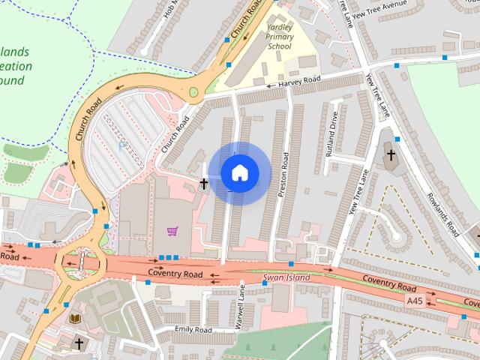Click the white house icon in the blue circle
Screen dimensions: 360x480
coord(238,172)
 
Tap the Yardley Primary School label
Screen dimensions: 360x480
coord(280,37)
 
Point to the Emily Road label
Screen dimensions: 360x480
coord(193,329)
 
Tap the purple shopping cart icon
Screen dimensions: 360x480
coord(172,231)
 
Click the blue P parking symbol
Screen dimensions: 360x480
coord(121,146)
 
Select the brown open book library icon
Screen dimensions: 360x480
coord(75,319)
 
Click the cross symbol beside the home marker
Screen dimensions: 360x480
coord(203,182)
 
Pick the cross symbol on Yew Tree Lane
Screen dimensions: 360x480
coord(390,155)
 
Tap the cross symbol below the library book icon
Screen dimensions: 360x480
coord(79,343)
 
